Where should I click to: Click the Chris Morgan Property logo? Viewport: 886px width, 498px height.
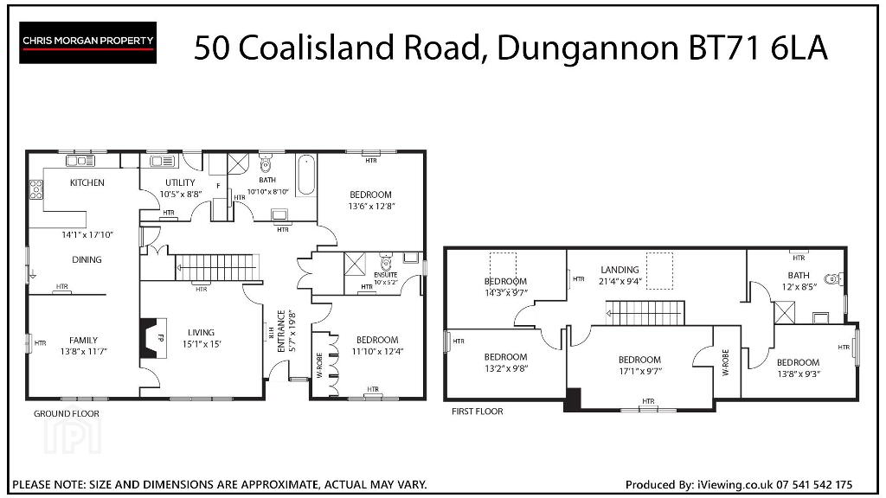[x=87, y=42]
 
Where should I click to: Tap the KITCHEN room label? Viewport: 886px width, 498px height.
[x=87, y=182]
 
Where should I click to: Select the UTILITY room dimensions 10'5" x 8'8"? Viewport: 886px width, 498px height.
[x=181, y=195]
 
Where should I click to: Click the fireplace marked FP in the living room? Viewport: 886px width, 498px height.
[x=154, y=339]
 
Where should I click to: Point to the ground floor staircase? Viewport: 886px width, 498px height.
[x=216, y=267]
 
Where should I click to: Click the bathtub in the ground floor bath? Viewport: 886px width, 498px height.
[x=306, y=175]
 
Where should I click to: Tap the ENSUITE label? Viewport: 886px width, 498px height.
[x=385, y=275]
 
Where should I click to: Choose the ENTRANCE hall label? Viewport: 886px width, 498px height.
[x=281, y=331]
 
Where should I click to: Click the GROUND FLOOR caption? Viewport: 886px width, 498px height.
[x=66, y=414]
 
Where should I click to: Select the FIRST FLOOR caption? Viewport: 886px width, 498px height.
[x=477, y=412]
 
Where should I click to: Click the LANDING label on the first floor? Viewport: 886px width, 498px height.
[x=620, y=270]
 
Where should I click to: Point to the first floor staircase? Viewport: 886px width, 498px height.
[x=645, y=313]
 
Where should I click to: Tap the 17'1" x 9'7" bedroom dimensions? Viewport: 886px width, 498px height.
[x=640, y=372]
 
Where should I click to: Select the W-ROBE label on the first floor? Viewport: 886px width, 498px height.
[x=726, y=362]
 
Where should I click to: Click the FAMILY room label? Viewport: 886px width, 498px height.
[x=83, y=340]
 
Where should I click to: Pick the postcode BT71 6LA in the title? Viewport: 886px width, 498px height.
[x=758, y=48]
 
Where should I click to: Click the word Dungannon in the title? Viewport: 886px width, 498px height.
[x=587, y=48]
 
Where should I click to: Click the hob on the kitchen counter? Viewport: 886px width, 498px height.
[x=36, y=189]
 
